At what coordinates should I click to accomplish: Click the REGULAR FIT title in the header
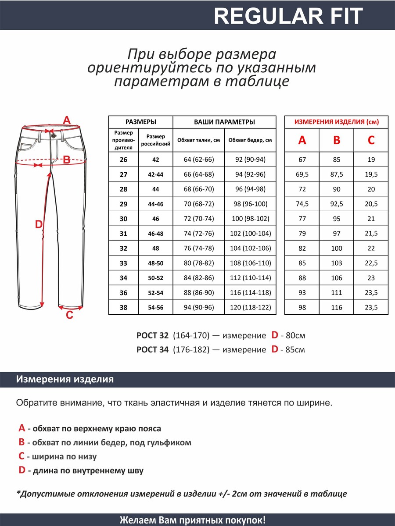pos(288,16)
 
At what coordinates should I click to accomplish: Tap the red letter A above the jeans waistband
pos(67,120)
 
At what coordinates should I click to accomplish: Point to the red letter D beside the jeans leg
pos(39,225)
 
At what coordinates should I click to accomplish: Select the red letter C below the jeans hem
pos(69,315)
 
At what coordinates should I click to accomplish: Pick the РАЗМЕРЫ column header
pos(140,122)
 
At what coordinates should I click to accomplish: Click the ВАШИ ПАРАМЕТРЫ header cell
pos(224,122)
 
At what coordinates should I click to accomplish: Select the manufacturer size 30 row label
pos(123,219)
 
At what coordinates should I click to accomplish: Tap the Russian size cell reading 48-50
pos(156,263)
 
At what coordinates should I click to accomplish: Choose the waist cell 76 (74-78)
pos(199,248)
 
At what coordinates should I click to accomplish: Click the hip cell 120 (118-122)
pos(250,307)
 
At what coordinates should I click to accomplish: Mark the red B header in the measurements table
pos(337,140)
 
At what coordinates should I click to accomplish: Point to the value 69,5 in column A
pos(302,174)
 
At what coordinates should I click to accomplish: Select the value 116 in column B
pos(337,307)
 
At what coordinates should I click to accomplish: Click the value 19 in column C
pos(371,160)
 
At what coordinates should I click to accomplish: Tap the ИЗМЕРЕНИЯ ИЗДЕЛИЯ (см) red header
pos(337,122)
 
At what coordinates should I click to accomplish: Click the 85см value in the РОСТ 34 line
pos(295,350)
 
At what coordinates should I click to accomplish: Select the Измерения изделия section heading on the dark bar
pos(65,380)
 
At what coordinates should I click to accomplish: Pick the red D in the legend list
pos(22,470)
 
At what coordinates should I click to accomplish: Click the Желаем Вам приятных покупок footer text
pos(193,520)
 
